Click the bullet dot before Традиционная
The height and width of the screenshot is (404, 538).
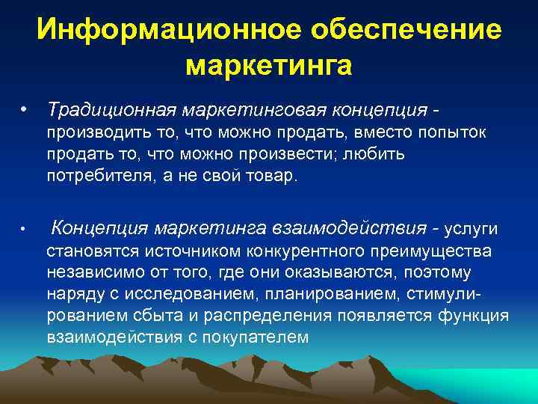[25, 110]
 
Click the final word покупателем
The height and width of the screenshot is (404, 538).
[250, 337]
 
